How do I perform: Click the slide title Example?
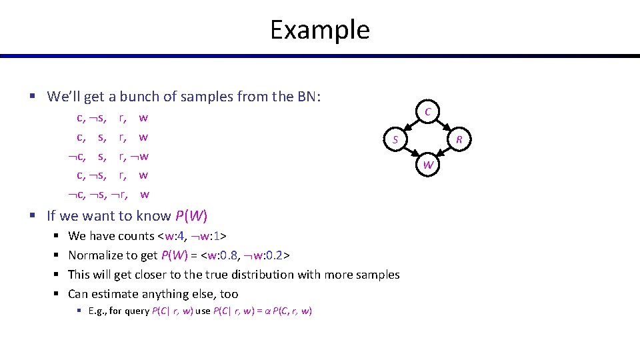(319, 30)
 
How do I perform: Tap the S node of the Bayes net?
(395, 140)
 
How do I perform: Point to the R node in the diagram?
(459, 140)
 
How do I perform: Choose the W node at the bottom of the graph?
(429, 165)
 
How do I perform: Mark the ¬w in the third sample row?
(141, 157)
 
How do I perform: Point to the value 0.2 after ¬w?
(279, 255)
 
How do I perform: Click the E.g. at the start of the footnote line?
(97, 311)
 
